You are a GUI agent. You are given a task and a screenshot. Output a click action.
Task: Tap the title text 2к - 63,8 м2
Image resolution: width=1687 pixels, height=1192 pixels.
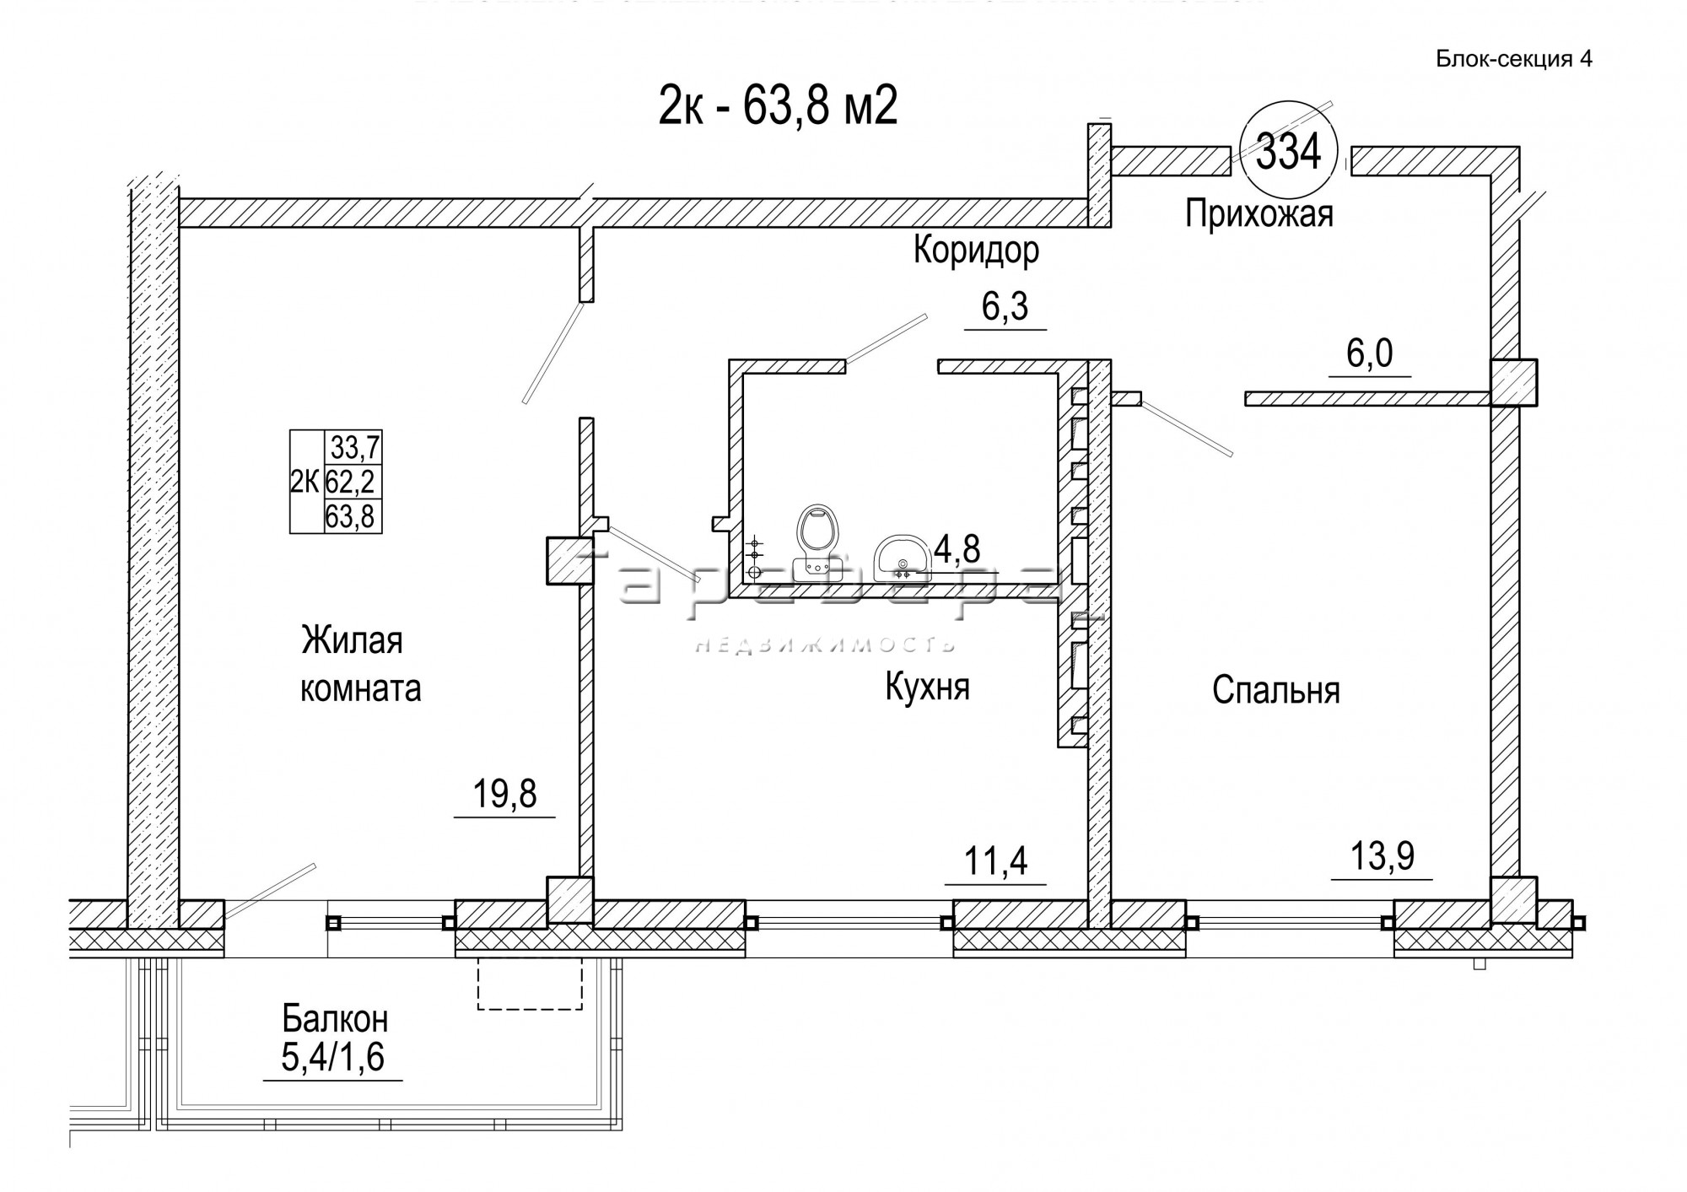click(x=777, y=107)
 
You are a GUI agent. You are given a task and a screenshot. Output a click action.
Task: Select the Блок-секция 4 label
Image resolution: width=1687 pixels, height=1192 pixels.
click(x=1513, y=59)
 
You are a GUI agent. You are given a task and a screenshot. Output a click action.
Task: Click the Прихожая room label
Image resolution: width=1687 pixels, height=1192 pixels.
click(x=1259, y=213)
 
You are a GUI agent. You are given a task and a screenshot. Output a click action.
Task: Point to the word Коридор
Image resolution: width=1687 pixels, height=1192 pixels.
click(x=976, y=250)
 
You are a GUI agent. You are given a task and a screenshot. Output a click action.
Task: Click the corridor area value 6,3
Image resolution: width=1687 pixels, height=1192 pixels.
click(x=1005, y=307)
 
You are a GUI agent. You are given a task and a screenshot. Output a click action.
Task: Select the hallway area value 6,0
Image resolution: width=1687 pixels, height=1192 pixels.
click(x=1369, y=354)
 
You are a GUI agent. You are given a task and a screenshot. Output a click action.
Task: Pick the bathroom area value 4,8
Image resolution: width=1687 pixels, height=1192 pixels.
click(x=957, y=549)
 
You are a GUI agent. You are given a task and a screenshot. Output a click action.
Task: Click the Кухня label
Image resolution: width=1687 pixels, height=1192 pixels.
click(x=927, y=686)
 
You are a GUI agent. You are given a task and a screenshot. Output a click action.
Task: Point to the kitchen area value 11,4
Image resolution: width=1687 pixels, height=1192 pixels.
click(x=996, y=861)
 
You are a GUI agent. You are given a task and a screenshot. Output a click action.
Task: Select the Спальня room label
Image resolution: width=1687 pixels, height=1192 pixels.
click(x=1275, y=690)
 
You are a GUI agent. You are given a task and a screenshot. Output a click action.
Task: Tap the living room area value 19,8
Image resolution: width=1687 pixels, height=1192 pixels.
click(x=504, y=794)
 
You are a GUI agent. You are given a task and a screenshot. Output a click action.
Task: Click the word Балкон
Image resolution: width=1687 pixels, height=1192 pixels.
click(x=335, y=1019)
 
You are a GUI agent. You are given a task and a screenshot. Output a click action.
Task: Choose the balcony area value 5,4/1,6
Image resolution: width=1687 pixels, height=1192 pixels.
click(x=332, y=1058)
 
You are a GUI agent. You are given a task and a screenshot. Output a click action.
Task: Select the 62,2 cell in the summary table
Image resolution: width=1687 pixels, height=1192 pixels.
click(x=353, y=482)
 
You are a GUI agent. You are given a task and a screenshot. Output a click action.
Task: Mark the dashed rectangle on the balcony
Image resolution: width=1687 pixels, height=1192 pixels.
click(x=530, y=984)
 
